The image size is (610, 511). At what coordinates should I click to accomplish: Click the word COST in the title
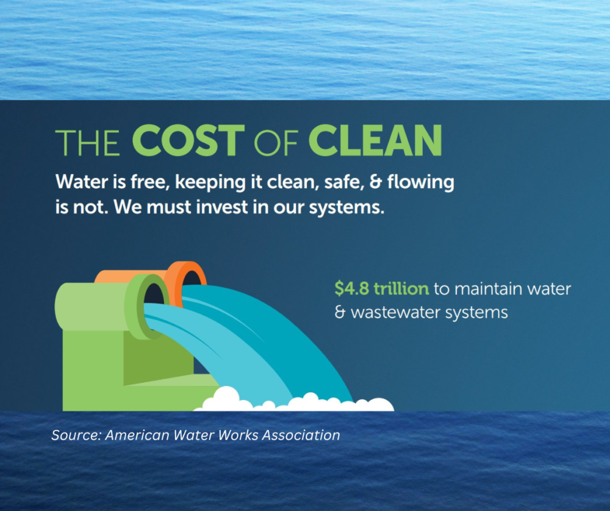coord(188,140)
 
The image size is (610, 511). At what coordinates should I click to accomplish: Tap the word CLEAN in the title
coord(375,140)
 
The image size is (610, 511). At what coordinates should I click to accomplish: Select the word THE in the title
coord(87,143)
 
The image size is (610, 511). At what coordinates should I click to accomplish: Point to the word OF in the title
coord(276,143)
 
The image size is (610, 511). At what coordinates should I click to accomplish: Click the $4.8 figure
coord(352,288)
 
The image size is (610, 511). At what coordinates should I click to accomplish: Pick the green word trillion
coord(401,288)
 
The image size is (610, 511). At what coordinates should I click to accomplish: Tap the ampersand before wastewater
coord(340,312)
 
